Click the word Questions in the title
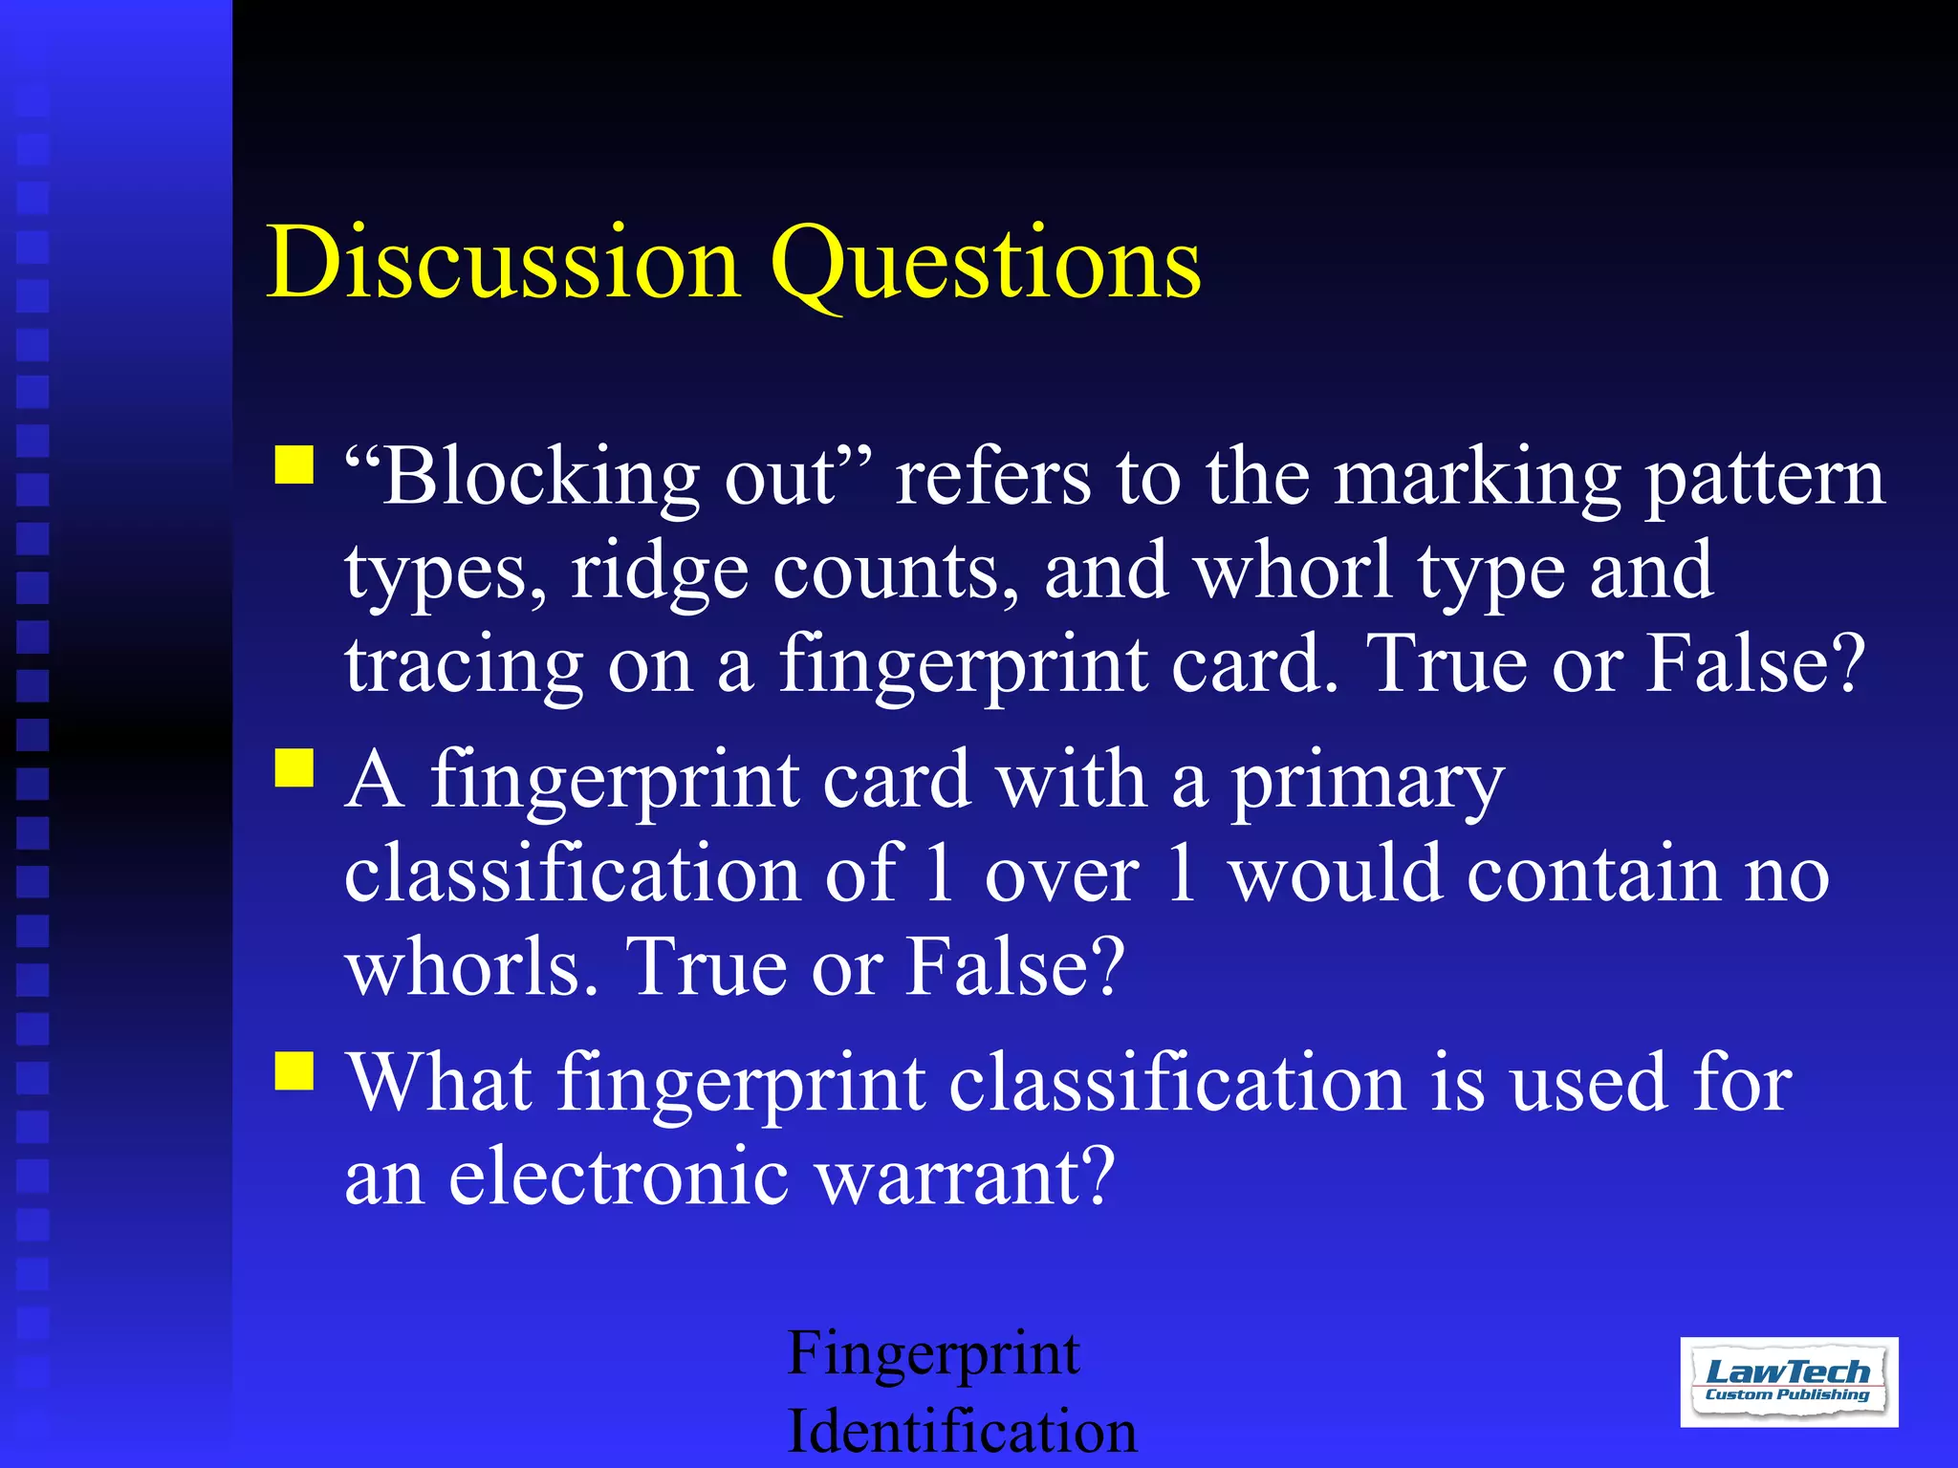985,264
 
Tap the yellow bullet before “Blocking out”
294,465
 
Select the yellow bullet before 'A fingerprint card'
294,766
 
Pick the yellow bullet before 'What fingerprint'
294,1070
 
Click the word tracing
464,667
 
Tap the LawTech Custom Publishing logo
1788,1382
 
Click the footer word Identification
962,1431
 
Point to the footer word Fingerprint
933,1355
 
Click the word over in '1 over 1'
1061,875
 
